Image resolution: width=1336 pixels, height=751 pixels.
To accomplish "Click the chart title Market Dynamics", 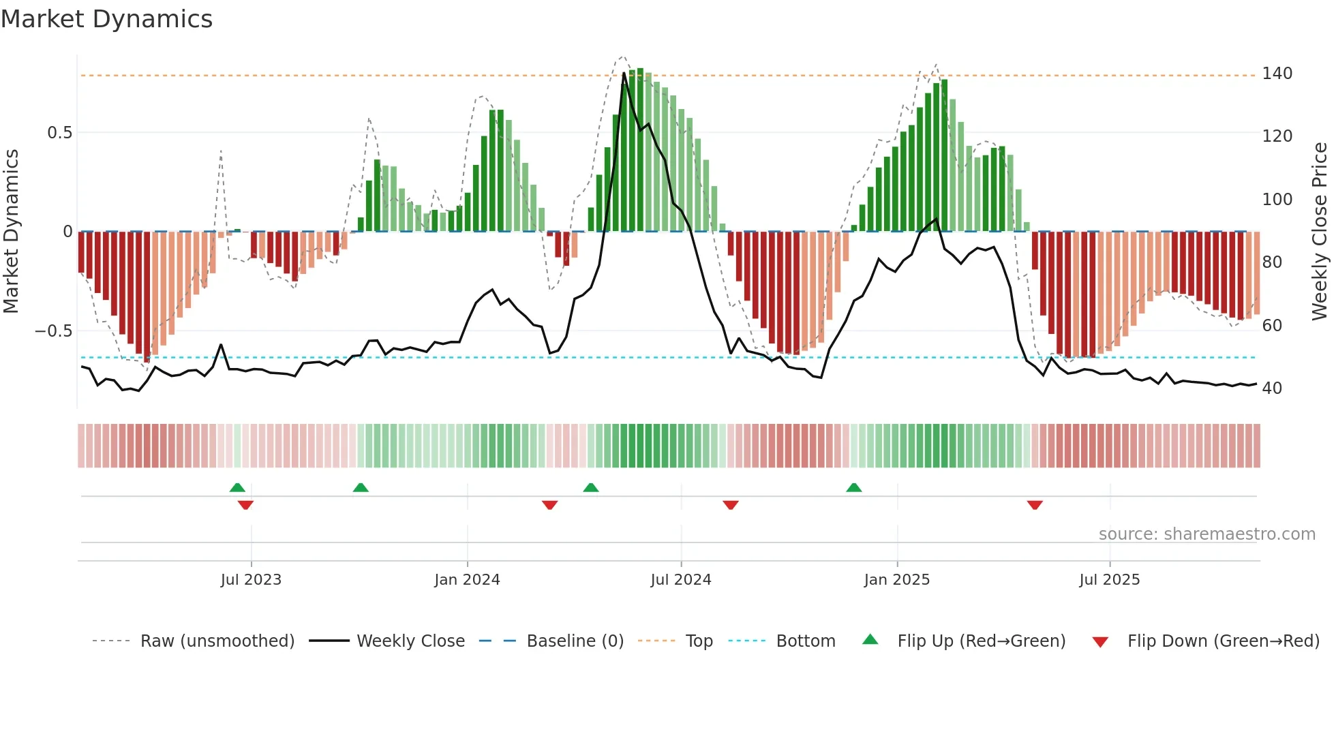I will point(106,19).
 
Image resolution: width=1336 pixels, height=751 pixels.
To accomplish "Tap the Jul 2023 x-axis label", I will point(251,580).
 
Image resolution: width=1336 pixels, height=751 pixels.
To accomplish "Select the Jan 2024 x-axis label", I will point(467,580).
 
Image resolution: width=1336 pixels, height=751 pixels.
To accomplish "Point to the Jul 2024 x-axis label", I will point(680,580).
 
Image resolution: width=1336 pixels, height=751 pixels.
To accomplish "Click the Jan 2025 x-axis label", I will point(896,580).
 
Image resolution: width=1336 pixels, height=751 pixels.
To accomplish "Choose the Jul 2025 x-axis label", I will point(1109,580).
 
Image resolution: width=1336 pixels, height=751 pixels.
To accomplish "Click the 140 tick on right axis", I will point(1277,74).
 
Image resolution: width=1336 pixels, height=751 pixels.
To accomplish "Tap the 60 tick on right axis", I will point(1272,326).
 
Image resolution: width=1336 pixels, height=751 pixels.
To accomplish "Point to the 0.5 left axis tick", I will point(59,133).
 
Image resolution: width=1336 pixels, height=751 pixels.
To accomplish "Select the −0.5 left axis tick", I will point(54,331).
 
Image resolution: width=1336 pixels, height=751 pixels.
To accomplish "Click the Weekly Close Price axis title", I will point(1320,232).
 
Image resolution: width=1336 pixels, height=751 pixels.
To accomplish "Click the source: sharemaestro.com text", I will point(1206,534).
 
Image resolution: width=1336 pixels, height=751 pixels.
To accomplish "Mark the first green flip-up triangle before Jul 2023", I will point(237,488).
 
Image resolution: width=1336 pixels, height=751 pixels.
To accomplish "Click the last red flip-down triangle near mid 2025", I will point(1035,505).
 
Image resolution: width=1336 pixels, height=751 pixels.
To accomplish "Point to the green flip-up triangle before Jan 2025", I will point(854,488).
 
